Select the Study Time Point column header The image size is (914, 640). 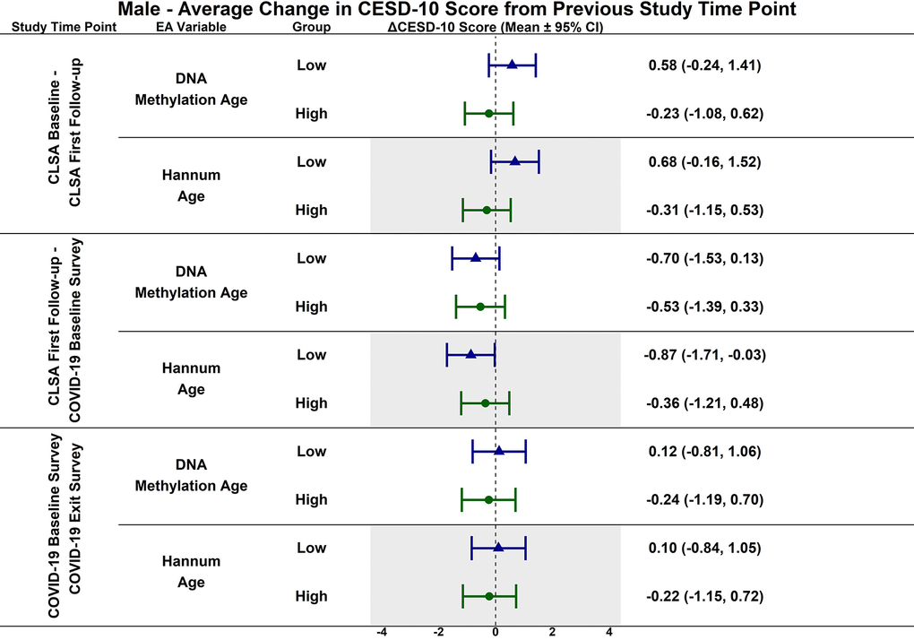coord(64,27)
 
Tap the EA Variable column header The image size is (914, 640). coord(191,27)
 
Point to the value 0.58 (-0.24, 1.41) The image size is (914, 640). coord(704,65)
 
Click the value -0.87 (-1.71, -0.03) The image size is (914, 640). coord(704,355)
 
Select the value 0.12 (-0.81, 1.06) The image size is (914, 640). coord(704,452)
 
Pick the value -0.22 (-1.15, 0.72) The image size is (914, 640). coord(704,597)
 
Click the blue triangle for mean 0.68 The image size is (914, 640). coord(514,161)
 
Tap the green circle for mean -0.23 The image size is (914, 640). coord(488,114)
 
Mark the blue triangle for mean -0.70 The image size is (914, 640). coord(476,258)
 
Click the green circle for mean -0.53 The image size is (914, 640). coord(480,307)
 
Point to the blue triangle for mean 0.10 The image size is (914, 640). coord(498,548)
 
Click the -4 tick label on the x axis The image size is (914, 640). coord(382,632)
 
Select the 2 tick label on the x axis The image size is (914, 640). coord(552,632)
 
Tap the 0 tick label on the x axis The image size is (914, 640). coord(496,632)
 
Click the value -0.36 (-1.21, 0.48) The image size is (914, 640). coord(704,403)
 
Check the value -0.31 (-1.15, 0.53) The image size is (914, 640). coord(704,211)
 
